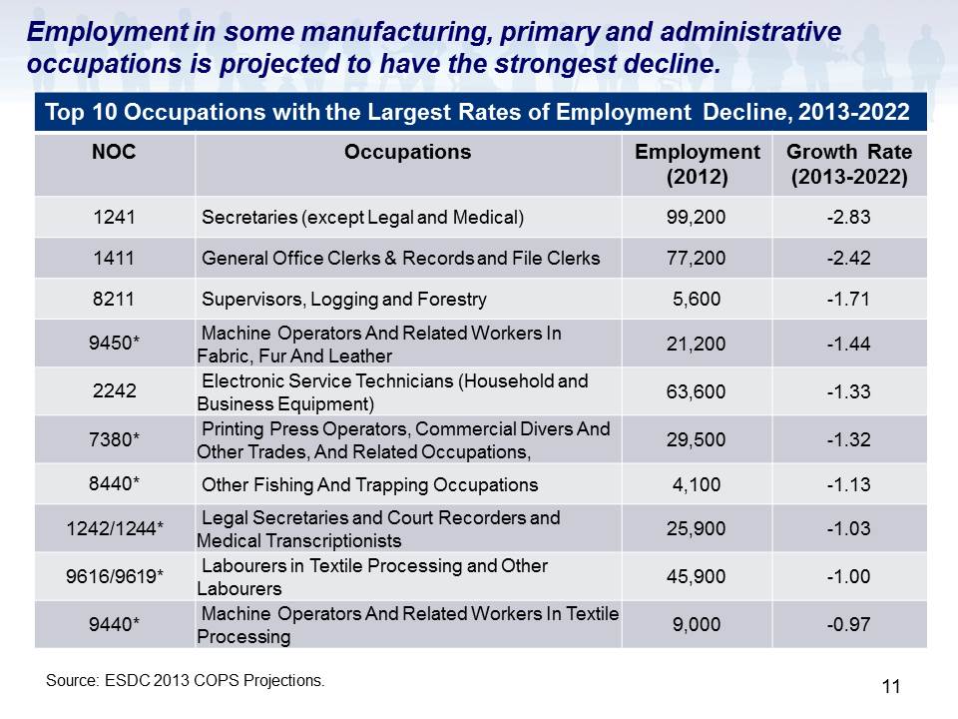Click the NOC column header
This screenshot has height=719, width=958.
click(114, 152)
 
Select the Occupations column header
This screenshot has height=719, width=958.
click(407, 152)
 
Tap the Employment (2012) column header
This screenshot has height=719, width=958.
click(698, 165)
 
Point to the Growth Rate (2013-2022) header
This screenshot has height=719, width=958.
click(849, 165)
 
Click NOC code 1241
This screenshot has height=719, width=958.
click(114, 217)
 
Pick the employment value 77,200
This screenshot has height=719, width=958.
click(696, 258)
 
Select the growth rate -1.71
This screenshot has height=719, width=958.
click(848, 299)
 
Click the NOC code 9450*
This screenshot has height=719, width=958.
click(114, 343)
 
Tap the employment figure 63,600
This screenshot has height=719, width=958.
click(696, 391)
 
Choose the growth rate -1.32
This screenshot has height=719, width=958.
click(848, 439)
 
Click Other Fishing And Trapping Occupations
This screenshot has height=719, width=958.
click(369, 485)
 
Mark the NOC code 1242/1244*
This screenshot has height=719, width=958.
click(115, 528)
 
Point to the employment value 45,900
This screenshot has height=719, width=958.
click(696, 576)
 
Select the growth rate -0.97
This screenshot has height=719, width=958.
click(848, 624)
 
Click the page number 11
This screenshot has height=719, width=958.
click(891, 687)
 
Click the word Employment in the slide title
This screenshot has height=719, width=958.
click(108, 32)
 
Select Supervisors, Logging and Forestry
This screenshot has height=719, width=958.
click(344, 299)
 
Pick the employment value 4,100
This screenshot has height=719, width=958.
click(697, 485)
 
